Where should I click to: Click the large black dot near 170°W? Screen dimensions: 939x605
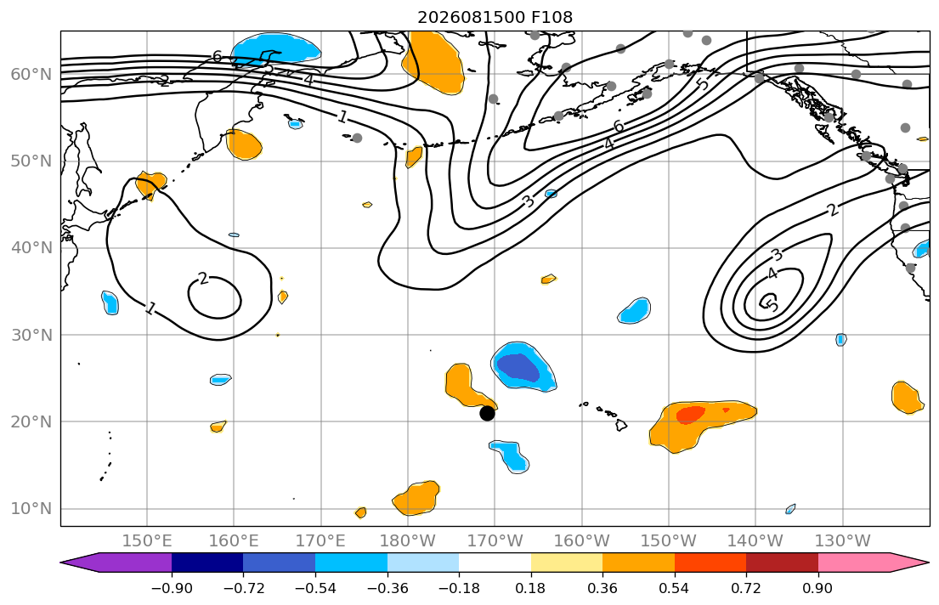487,413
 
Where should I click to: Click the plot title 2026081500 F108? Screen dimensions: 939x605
495,17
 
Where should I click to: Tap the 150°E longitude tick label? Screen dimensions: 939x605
147,541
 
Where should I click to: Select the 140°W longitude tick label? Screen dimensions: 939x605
755,541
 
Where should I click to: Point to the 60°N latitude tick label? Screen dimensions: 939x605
31,74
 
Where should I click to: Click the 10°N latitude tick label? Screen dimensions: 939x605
31,509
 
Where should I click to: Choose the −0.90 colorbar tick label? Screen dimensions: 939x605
172,588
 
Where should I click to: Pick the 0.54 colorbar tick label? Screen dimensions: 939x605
675,588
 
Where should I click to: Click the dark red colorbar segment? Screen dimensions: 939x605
782,563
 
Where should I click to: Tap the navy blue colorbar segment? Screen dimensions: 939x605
207,563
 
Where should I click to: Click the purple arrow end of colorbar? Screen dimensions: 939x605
116,563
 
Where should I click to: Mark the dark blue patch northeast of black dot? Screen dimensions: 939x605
518,368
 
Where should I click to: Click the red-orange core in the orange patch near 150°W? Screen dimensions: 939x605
691,414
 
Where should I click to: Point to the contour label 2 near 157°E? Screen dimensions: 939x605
203,279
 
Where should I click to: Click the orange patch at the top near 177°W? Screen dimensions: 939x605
433,61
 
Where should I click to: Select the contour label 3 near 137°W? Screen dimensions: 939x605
777,256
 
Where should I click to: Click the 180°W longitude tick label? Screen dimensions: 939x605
408,541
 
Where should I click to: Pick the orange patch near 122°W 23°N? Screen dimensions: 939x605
907,397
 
